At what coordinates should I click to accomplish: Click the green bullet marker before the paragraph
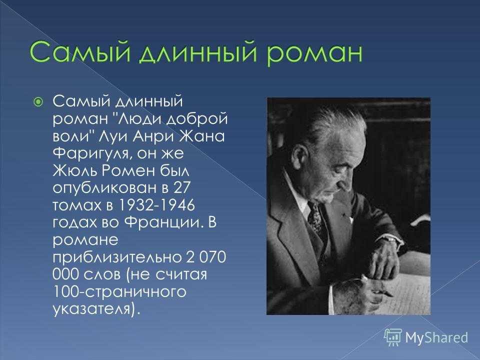point(38,101)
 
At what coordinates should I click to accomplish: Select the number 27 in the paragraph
point(182,187)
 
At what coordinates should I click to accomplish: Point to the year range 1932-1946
point(156,204)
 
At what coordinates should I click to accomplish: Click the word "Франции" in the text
point(164,222)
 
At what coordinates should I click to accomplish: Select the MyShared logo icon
point(393,337)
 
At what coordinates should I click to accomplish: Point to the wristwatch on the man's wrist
point(391,239)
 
